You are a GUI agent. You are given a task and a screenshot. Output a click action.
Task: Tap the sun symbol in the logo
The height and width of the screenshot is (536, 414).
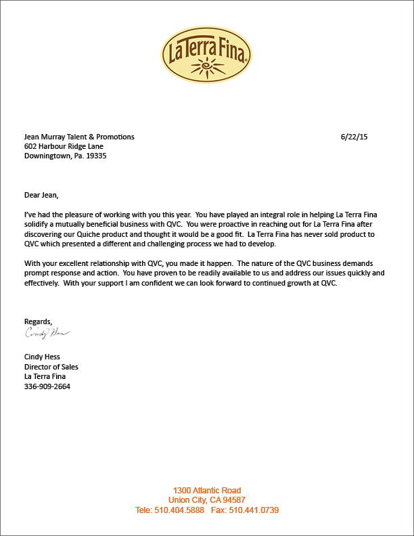pyautogui.click(x=207, y=68)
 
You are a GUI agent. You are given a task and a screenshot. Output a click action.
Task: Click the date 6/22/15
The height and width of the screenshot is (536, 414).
pyautogui.click(x=354, y=137)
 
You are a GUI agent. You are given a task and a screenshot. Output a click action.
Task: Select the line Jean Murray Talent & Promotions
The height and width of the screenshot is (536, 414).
pyautogui.click(x=79, y=137)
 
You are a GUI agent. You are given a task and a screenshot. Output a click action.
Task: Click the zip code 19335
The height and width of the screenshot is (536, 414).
pyautogui.click(x=95, y=156)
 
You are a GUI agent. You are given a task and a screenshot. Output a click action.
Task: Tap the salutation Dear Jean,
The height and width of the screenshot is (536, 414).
pyautogui.click(x=42, y=196)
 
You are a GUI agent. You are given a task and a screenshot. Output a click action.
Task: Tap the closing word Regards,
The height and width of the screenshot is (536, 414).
pyautogui.click(x=39, y=321)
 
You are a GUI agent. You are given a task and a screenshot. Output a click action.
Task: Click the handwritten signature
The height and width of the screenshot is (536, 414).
pyautogui.click(x=47, y=333)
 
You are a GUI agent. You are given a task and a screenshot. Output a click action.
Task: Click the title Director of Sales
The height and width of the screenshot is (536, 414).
pyautogui.click(x=51, y=367)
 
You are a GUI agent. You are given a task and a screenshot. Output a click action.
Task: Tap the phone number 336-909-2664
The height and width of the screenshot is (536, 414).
pyautogui.click(x=47, y=387)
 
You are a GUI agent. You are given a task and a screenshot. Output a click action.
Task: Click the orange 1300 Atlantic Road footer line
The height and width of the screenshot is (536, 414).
pyautogui.click(x=206, y=491)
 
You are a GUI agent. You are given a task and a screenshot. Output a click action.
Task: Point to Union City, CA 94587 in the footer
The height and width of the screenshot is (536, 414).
pyautogui.click(x=206, y=500)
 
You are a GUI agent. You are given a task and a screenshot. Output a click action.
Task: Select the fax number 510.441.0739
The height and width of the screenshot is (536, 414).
pyautogui.click(x=254, y=510)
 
